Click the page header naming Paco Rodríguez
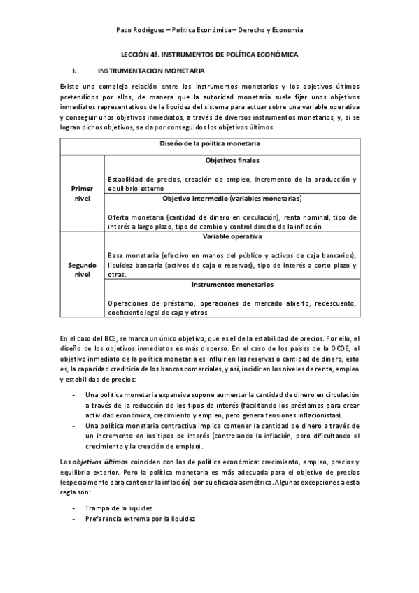point(209,29)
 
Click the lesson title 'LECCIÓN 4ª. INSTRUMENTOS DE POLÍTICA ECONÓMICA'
point(209,54)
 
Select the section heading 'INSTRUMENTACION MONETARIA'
point(151,71)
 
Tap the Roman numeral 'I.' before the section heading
point(73,71)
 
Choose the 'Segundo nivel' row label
point(82,270)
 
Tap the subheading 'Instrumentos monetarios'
point(230,285)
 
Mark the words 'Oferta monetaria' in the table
point(136,217)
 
